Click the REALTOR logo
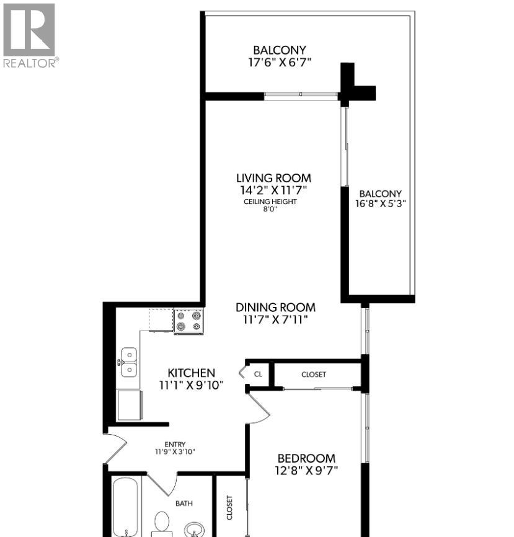pos(29,35)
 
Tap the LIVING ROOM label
pos(278,178)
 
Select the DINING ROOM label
pos(275,307)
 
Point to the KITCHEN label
pos(192,373)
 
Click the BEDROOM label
pos(306,458)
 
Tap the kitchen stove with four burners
pos(188,321)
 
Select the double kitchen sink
pos(129,362)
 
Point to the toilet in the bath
pos(162,523)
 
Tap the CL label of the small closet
pos(258,375)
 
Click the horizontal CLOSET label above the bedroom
pos(314,375)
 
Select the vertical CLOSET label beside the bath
pos(229,507)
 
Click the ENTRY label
pos(175,444)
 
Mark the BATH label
pos(184,504)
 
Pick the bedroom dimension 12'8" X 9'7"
pos(306,471)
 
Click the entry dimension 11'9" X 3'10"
pos(175,451)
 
